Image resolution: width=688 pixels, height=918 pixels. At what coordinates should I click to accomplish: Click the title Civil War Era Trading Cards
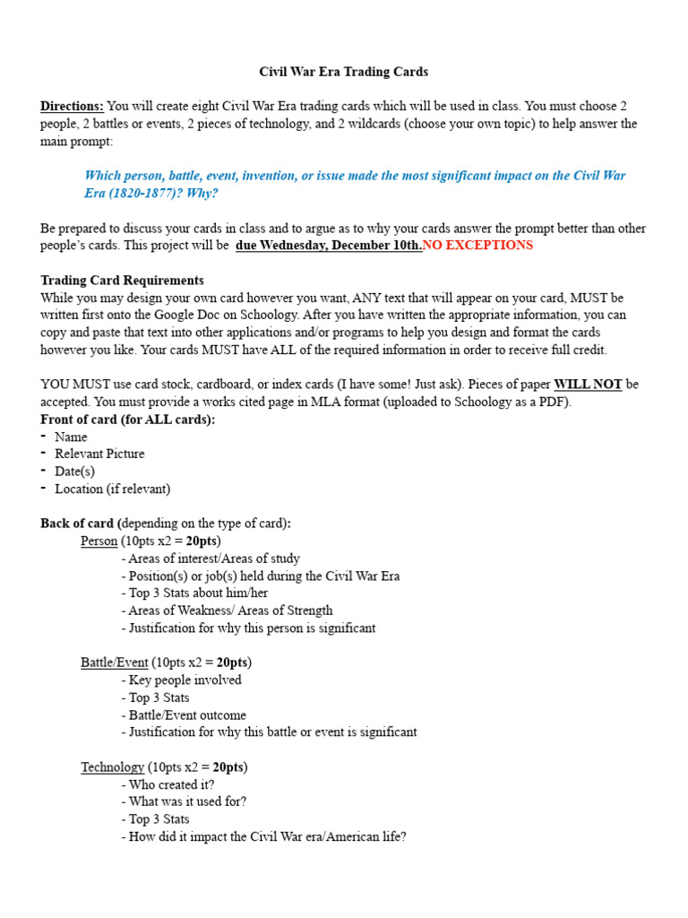click(344, 72)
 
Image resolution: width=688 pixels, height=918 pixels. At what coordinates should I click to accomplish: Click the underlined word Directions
click(72, 106)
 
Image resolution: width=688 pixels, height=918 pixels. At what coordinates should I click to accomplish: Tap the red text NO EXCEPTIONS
click(477, 245)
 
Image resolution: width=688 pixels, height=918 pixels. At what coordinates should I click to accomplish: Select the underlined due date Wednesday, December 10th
click(329, 245)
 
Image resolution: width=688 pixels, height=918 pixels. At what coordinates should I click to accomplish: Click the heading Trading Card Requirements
click(122, 280)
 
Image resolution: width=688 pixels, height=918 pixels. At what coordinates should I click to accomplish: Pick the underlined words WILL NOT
click(588, 385)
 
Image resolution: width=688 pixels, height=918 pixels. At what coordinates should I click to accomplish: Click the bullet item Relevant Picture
click(99, 455)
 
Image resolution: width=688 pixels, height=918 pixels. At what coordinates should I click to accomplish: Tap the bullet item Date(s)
click(74, 472)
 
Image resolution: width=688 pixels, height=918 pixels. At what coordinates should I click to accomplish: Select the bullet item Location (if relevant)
click(112, 489)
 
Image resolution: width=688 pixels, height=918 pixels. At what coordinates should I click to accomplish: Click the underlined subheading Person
click(99, 541)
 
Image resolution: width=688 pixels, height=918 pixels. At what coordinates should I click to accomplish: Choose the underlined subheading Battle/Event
click(115, 663)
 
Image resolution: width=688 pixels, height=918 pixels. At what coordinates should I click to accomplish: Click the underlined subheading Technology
click(113, 767)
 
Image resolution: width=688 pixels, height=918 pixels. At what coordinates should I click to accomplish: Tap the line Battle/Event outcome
click(187, 715)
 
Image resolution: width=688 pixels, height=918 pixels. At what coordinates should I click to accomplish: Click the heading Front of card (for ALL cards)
click(128, 420)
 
